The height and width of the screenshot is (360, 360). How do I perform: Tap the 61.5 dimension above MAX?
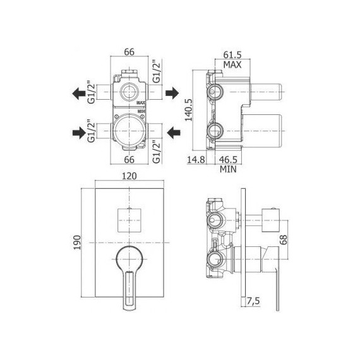(x=232, y=55)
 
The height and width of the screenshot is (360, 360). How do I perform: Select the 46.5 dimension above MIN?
(x=228, y=159)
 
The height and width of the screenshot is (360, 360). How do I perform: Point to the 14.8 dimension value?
(x=196, y=159)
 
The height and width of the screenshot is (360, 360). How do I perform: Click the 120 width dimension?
(x=129, y=176)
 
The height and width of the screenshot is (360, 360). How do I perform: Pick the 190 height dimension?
(x=77, y=243)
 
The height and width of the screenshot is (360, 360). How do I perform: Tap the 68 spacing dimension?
(x=284, y=240)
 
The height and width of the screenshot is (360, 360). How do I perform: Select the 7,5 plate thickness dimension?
(x=253, y=301)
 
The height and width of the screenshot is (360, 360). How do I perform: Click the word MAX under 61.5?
(x=232, y=65)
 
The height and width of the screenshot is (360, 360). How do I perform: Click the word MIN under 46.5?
(x=228, y=169)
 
